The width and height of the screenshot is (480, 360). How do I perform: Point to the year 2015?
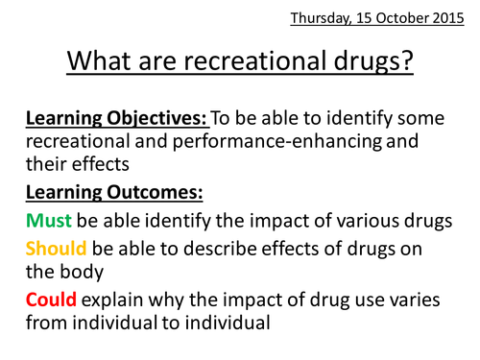click(449, 18)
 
